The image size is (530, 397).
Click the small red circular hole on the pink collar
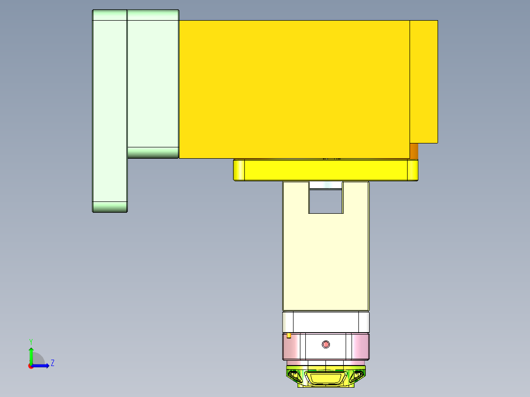pos(325,344)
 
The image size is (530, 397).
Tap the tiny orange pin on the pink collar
pos(289,336)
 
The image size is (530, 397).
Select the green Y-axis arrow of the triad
pos(31,355)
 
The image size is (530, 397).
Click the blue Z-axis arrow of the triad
pos(42,366)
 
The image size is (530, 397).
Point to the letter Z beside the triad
pos(52,363)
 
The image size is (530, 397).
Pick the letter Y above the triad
pos(30,341)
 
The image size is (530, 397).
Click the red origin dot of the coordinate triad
pos(30,366)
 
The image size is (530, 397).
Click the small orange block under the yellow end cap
pos(414,151)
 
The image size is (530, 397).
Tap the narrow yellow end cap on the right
pos(423,82)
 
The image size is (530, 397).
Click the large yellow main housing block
pos(294,89)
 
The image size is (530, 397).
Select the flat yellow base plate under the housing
pos(325,170)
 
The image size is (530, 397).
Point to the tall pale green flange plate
pos(110,111)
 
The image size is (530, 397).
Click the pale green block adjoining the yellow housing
pos(153,84)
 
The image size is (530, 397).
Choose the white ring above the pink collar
pos(325,322)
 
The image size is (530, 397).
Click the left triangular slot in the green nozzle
pos(296,377)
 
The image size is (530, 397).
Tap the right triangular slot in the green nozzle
pos(355,377)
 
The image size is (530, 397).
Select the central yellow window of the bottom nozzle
pos(325,378)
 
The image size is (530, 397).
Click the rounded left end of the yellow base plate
pos(239,170)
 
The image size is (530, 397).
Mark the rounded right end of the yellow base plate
pos(413,170)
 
